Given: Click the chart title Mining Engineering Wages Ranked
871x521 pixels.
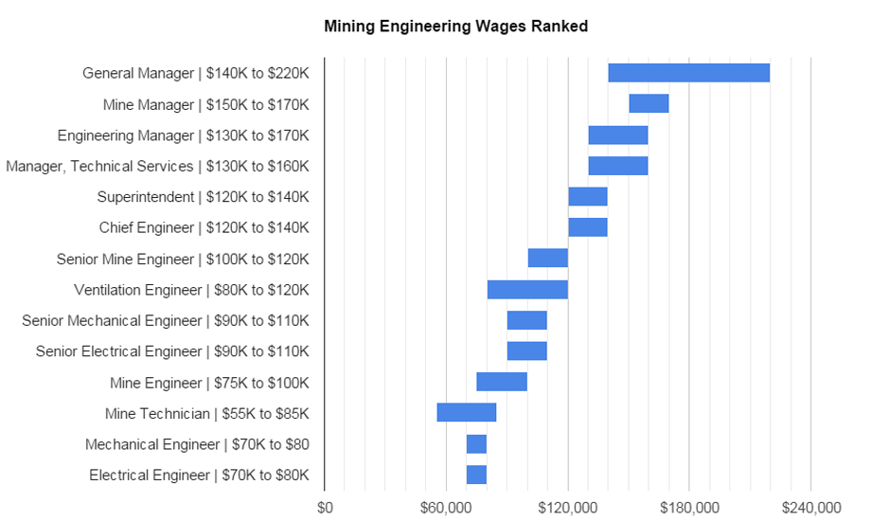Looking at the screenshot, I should click(455, 27).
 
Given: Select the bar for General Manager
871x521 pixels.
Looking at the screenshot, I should click(688, 73).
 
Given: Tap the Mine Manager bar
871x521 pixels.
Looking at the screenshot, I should click(649, 104).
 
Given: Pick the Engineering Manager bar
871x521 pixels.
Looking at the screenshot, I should click(617, 135).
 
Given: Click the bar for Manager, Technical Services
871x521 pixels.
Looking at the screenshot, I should click(617, 166).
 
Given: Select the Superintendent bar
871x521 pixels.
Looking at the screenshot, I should click(587, 197).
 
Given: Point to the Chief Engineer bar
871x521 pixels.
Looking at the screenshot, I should click(587, 227).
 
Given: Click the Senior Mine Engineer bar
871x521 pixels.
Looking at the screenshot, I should click(547, 259).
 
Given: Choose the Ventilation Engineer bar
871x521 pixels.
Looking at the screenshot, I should click(527, 290).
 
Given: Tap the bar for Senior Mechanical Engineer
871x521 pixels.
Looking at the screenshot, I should click(526, 320).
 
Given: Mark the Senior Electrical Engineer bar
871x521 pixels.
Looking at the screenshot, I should click(526, 351).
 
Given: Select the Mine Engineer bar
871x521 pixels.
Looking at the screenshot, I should click(502, 382).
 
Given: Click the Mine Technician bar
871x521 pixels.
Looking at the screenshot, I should click(466, 413).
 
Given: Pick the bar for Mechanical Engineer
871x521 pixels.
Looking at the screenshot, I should click(476, 444).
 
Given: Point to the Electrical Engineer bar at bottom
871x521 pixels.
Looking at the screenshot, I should click(476, 475).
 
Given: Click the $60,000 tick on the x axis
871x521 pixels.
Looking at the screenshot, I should click(446, 507).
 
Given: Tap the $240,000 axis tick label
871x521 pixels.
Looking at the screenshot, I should click(811, 507).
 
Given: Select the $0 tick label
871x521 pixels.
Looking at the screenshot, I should click(325, 507).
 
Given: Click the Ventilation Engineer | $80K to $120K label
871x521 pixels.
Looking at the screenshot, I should click(191, 290).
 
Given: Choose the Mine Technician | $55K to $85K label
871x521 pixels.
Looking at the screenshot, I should click(207, 413).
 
